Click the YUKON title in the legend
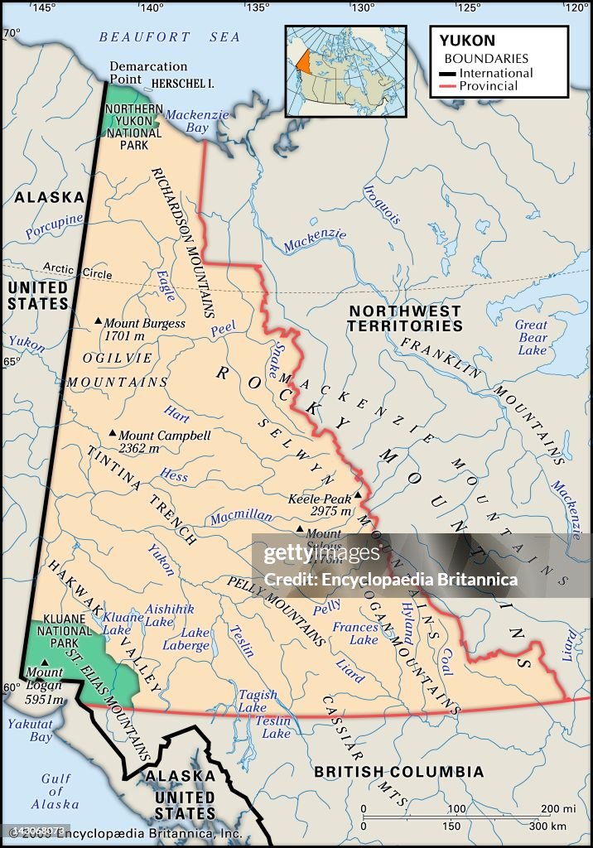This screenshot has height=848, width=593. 466,40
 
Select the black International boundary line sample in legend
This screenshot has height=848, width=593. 448,73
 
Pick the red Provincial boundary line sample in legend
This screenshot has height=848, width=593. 448,86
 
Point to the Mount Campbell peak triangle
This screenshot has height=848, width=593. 113,433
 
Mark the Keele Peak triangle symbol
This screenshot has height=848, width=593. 358,496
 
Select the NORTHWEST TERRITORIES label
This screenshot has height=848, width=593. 405,318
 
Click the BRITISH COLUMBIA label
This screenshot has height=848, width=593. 398,771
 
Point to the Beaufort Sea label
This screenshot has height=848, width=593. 169,37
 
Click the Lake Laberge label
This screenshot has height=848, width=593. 195,639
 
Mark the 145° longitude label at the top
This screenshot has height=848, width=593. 44,7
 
